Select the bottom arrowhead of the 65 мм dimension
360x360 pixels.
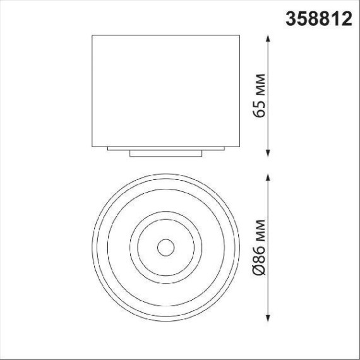(270, 152)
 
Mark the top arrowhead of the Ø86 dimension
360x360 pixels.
(270, 176)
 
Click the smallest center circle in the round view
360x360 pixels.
(166, 247)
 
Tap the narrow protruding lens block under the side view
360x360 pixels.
(166, 153)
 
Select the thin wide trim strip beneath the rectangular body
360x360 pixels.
(166, 148)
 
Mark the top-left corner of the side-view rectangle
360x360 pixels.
(93, 35)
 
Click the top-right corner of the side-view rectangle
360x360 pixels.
(241, 35)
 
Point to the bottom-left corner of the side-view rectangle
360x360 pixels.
(93, 145)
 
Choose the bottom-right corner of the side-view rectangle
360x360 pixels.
(241, 145)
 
